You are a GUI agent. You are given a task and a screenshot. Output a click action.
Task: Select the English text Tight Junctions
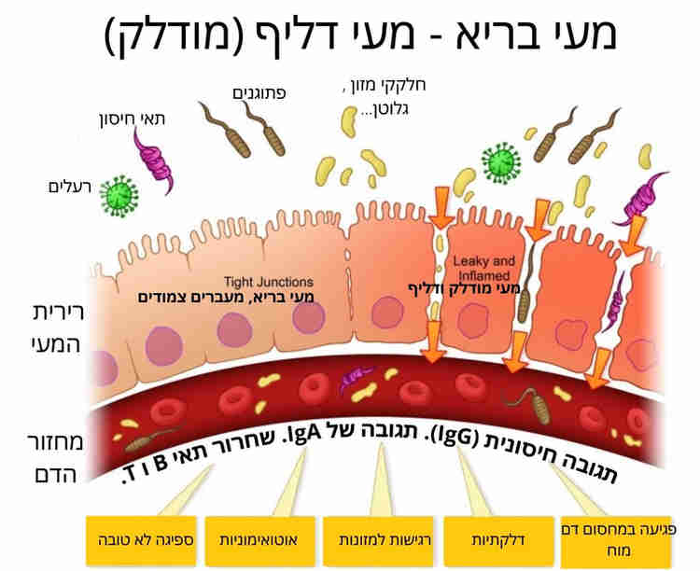pos(269,282)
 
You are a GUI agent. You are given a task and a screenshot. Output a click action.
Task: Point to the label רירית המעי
pos(52,328)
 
